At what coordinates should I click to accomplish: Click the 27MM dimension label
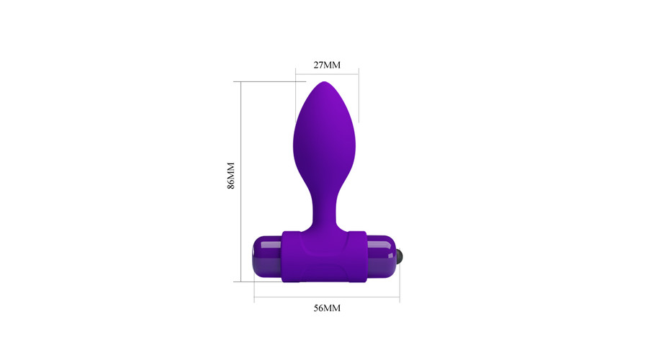click(327, 65)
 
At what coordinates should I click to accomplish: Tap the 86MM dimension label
click(231, 176)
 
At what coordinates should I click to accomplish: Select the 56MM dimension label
click(327, 308)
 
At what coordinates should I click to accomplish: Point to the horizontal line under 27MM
click(327, 74)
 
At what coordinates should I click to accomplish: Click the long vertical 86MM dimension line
click(240, 182)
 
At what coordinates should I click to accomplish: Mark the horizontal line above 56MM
click(327, 297)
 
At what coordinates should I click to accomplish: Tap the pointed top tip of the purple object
click(325, 82)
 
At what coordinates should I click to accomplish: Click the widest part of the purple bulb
click(325, 145)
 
